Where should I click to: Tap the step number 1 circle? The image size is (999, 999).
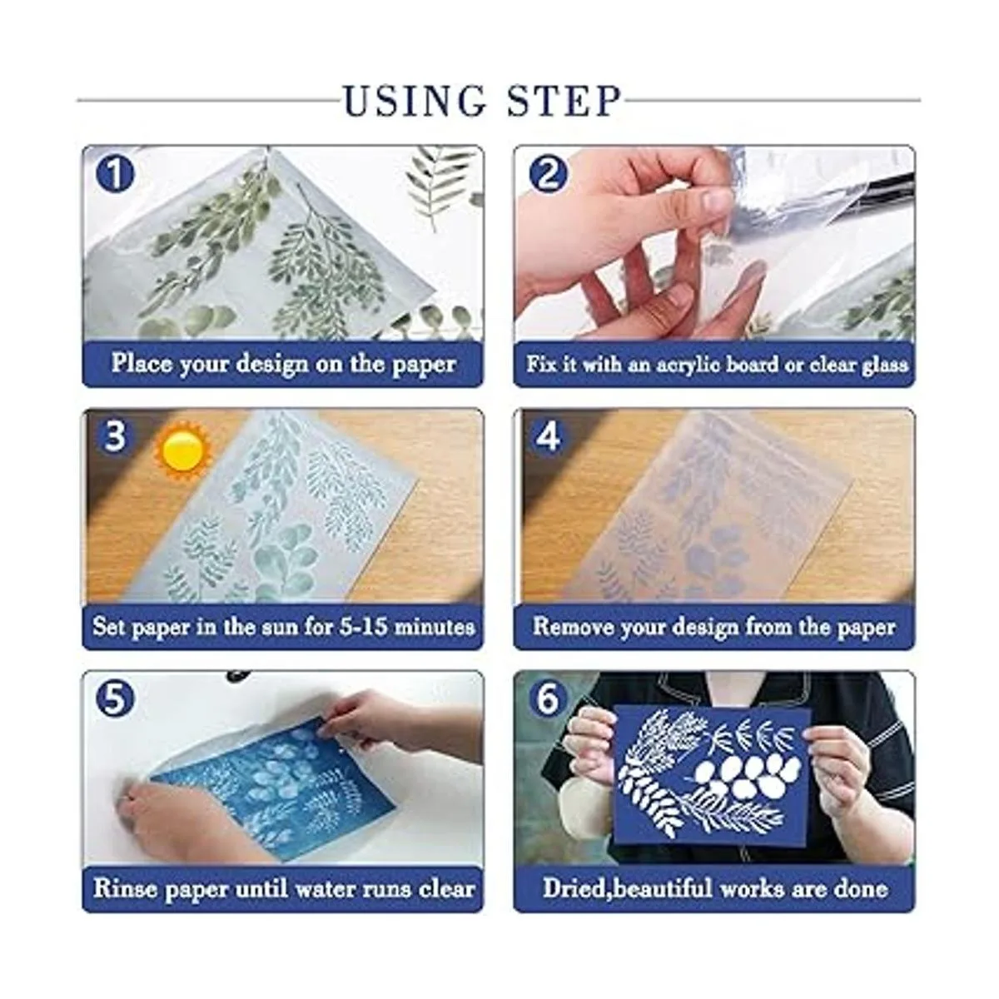point(115,175)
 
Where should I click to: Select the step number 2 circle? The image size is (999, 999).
point(548,175)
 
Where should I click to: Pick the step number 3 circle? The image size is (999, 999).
point(115,437)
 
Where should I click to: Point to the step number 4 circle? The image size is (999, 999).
point(548,437)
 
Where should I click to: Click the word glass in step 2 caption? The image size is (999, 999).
point(882,365)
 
